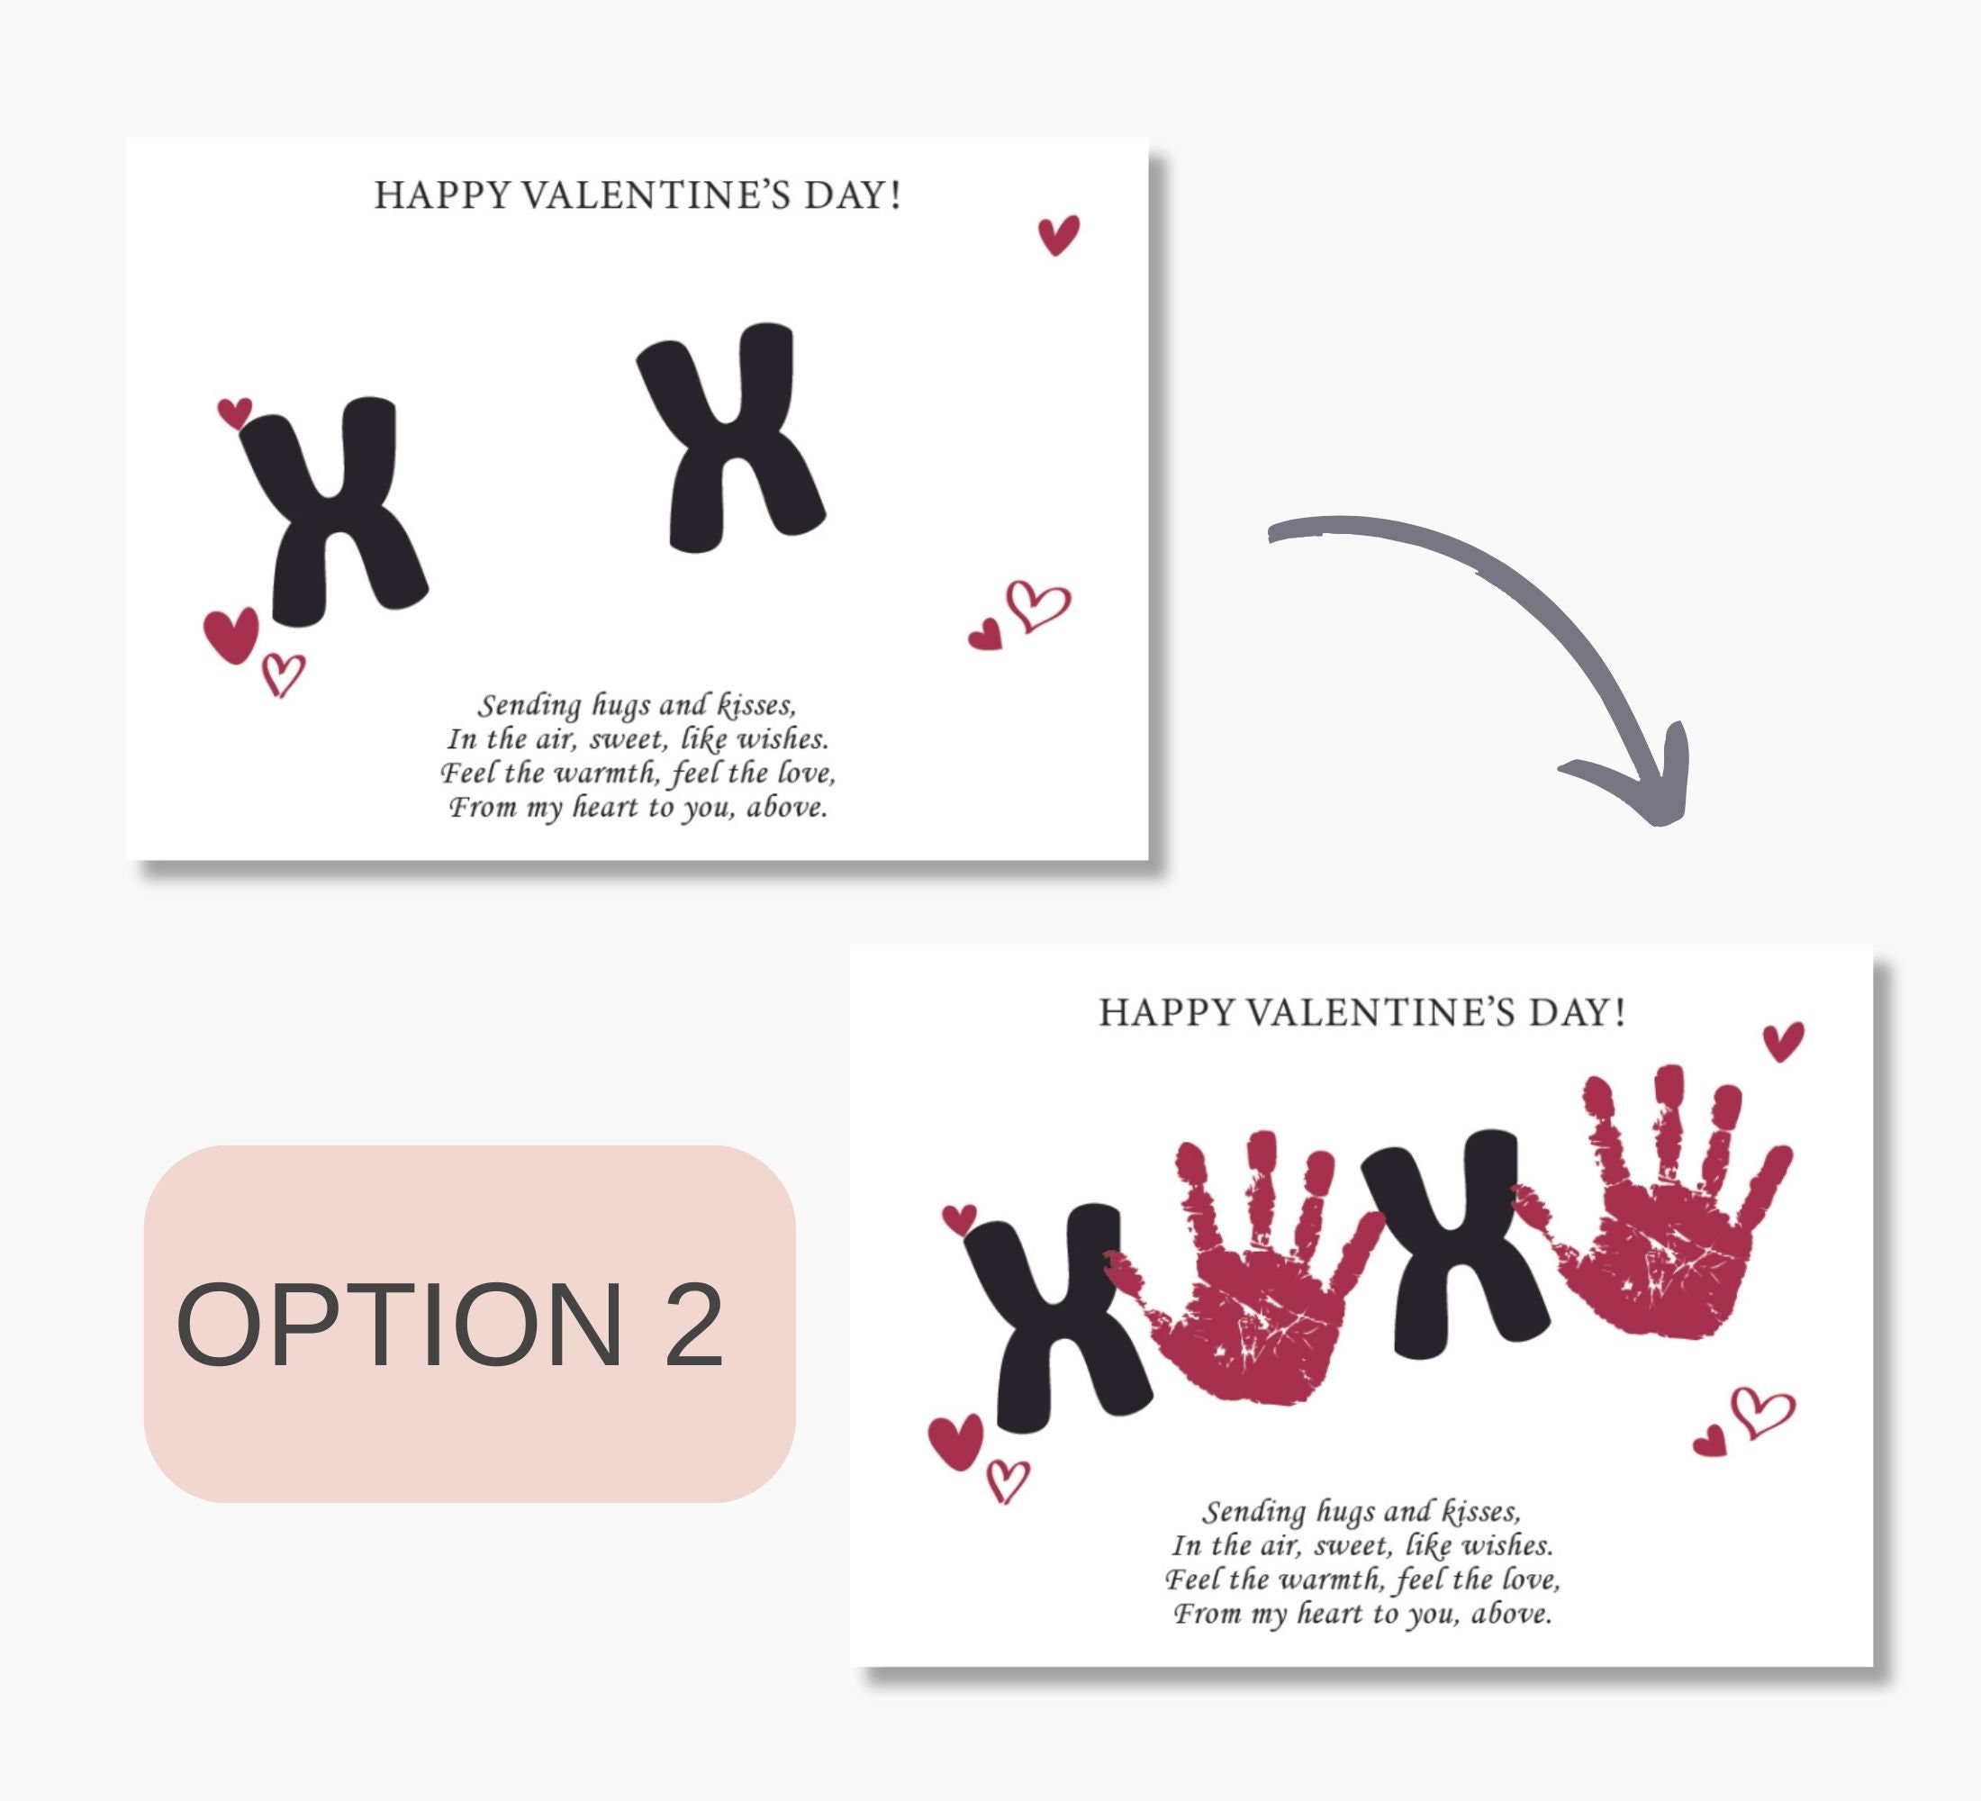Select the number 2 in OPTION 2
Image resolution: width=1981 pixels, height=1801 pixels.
click(693, 1326)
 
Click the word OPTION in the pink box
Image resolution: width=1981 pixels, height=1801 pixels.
click(398, 1326)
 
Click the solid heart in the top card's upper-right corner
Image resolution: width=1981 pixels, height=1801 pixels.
click(1058, 235)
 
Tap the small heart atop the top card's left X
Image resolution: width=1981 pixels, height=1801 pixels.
click(235, 412)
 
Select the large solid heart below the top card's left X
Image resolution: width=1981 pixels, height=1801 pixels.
click(232, 634)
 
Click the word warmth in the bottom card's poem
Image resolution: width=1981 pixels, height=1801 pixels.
click(1327, 1580)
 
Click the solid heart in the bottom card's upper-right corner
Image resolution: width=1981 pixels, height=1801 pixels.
click(1783, 1040)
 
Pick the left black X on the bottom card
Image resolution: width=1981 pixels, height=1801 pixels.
click(1058, 1317)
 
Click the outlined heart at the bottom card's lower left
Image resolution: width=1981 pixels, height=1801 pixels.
click(1006, 1480)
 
